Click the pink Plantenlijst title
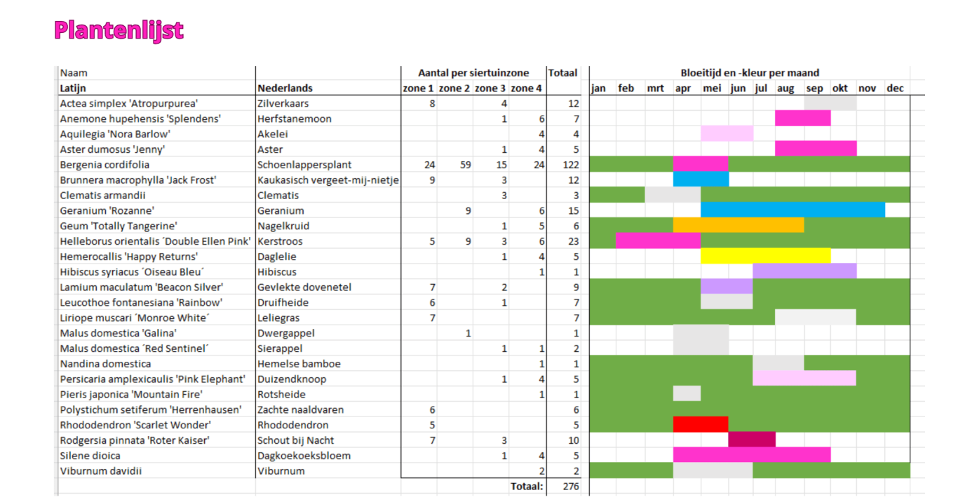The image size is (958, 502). point(119,30)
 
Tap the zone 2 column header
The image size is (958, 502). point(454,88)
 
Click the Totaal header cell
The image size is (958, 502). point(562,73)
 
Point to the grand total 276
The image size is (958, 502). point(571,486)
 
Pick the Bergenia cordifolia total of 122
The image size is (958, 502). point(569,165)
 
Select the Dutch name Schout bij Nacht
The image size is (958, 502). point(296,440)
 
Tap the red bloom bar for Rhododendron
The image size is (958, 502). point(701,425)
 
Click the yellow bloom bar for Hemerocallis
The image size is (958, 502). point(765,257)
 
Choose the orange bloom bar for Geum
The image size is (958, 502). point(738,226)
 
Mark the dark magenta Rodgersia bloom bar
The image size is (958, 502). point(752,440)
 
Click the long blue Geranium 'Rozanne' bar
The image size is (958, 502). point(792,210)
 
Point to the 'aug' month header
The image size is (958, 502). point(785,88)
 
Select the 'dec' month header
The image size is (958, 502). point(895,88)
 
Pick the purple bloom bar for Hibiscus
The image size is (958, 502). point(804,272)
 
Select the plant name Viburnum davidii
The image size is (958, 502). point(101,471)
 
